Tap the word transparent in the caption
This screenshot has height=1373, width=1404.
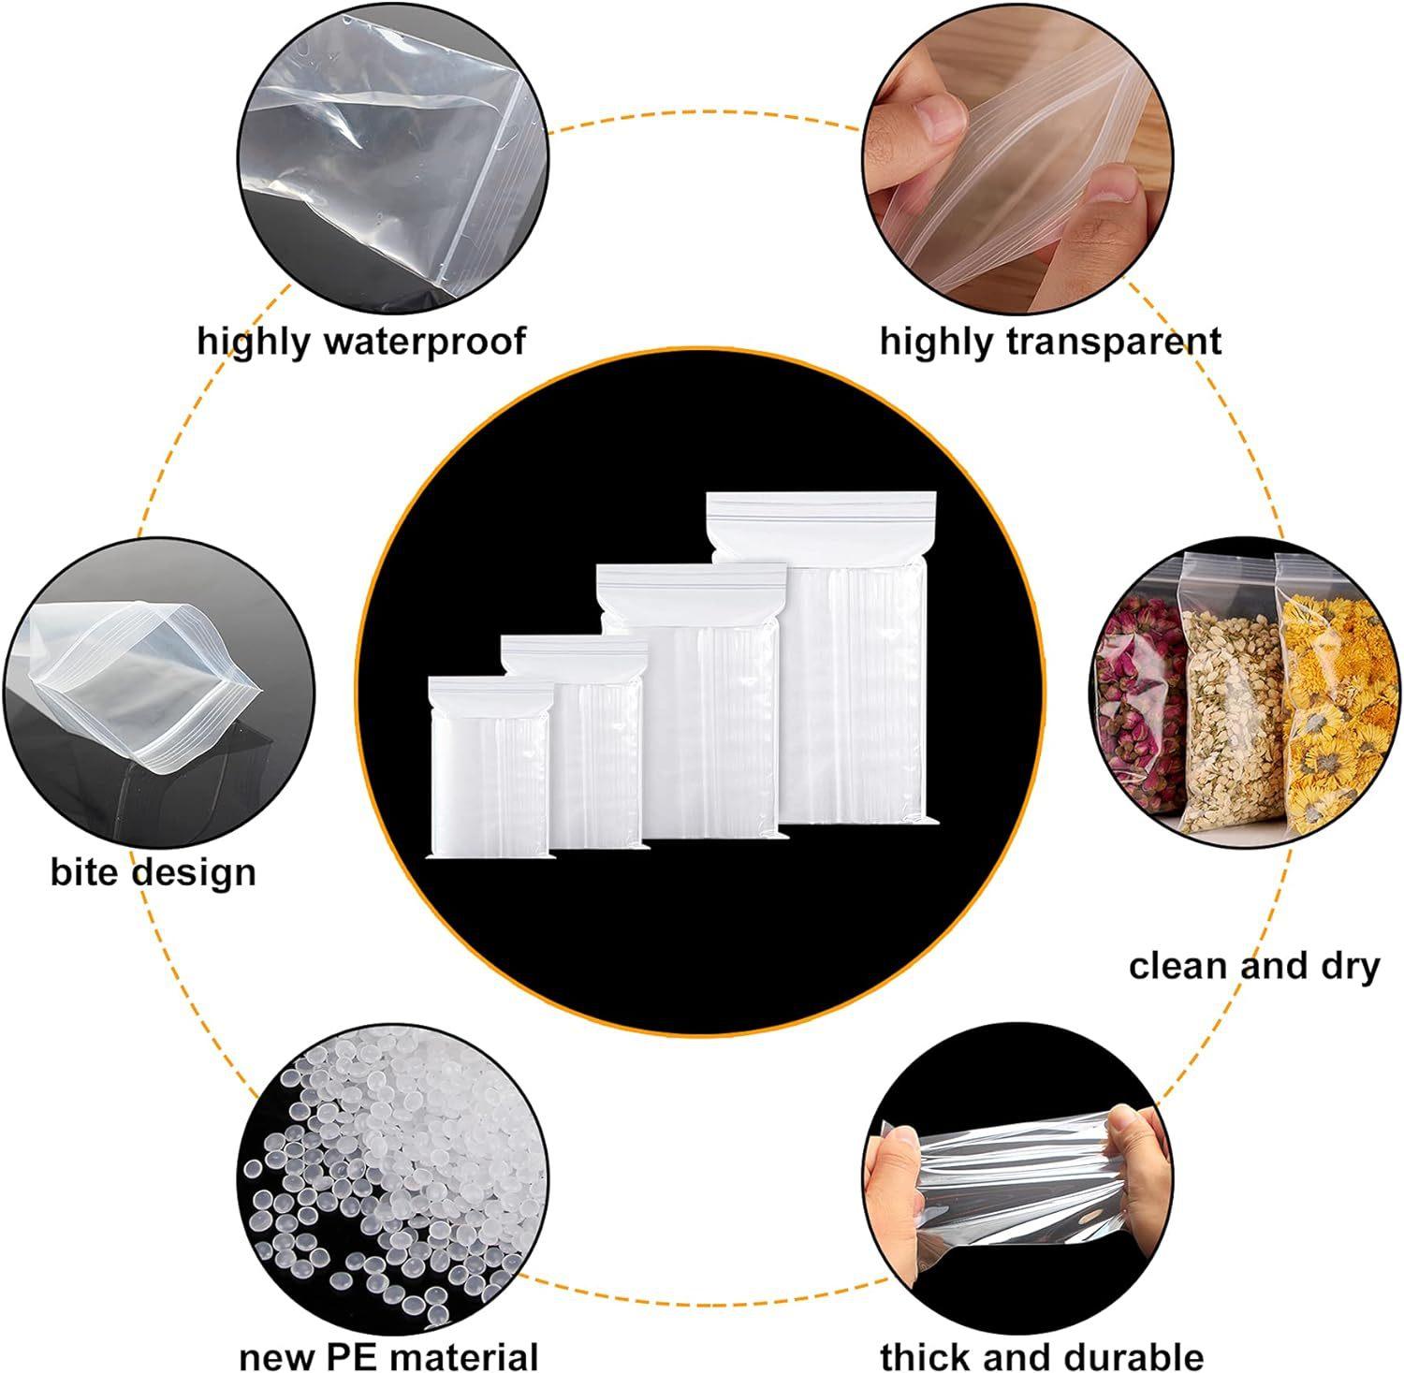pyautogui.click(x=1113, y=341)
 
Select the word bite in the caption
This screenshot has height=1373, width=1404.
pyautogui.click(x=83, y=871)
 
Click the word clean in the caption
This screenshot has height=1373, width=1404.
pyautogui.click(x=1176, y=965)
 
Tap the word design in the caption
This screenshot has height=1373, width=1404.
pyautogui.click(x=193, y=871)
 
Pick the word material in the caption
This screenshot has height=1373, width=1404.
pyautogui.click(x=464, y=1355)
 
